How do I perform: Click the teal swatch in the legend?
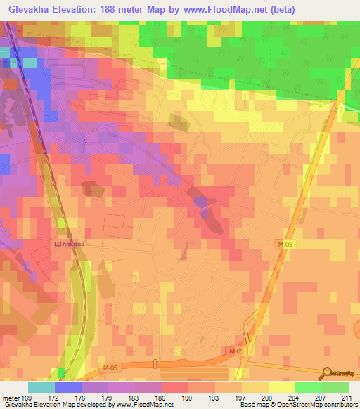[x=41, y=387]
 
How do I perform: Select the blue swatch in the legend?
[x=67, y=387]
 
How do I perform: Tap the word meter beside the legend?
[x=11, y=397]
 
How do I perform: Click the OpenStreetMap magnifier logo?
[x=326, y=374]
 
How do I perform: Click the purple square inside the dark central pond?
[x=202, y=203]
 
